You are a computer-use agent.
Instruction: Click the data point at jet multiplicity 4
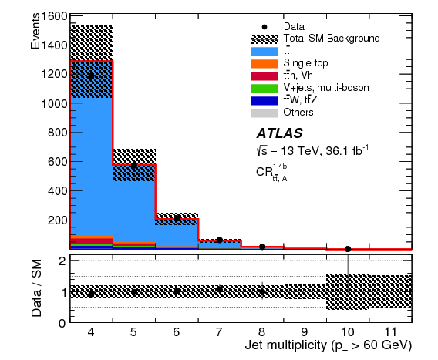pyautogui.click(x=91, y=76)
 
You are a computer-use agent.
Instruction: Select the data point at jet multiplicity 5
pyautogui.click(x=133, y=166)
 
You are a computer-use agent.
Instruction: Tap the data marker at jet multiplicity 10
pyautogui.click(x=348, y=249)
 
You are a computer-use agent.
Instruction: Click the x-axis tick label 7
pyautogui.click(x=219, y=332)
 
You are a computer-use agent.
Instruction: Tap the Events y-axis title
pyautogui.click(x=35, y=32)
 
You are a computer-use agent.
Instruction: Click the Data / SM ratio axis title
pyautogui.click(x=35, y=287)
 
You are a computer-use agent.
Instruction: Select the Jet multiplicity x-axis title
pyautogui.click(x=329, y=346)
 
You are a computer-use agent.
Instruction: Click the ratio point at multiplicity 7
pyautogui.click(x=219, y=290)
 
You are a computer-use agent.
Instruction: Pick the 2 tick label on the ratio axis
pyautogui.click(x=60, y=261)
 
